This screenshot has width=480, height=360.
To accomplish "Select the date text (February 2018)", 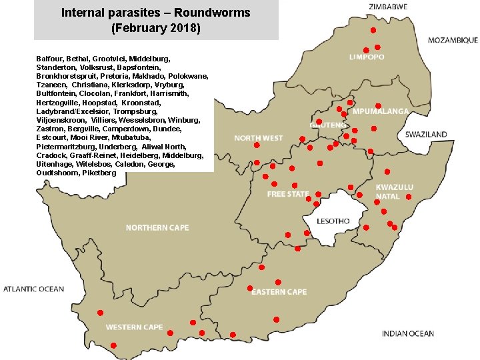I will (156, 29).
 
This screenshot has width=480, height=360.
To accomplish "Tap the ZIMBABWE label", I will (388, 7).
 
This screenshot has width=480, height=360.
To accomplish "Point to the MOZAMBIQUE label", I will (453, 40).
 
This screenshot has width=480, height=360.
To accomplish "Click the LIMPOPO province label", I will (367, 57).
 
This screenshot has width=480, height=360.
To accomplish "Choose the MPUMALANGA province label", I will (381, 111).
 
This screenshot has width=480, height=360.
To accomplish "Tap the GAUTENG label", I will (328, 125).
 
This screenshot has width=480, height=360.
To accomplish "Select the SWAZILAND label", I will (426, 135).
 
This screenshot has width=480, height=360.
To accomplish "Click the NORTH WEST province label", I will (258, 139).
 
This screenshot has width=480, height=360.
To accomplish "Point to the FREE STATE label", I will (288, 194).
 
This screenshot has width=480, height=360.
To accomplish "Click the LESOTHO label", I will (333, 221).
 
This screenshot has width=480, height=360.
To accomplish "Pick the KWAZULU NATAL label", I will (394, 192).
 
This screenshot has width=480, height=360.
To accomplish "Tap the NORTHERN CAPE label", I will (157, 228).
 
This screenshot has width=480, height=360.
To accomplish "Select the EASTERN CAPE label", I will (279, 292).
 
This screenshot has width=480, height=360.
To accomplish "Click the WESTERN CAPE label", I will (134, 327).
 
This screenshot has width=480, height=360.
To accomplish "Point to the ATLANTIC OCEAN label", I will (34, 289).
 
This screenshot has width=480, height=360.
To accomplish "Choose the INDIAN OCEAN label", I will (408, 333).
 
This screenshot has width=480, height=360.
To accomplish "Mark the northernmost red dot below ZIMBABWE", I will (373, 31).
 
